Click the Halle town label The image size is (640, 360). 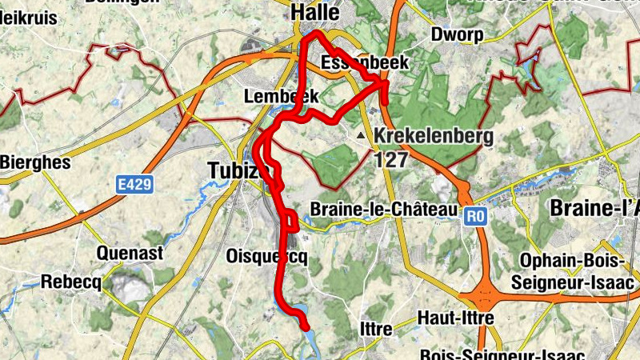point(315,13)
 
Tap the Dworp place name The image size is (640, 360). point(458,35)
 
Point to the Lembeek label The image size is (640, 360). point(281,96)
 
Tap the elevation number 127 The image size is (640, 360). point(391,159)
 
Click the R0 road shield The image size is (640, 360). point(476,214)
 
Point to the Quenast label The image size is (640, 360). point(130,254)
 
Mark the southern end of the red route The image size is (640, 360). point(306,325)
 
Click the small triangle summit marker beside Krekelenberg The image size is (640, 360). point(363,136)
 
